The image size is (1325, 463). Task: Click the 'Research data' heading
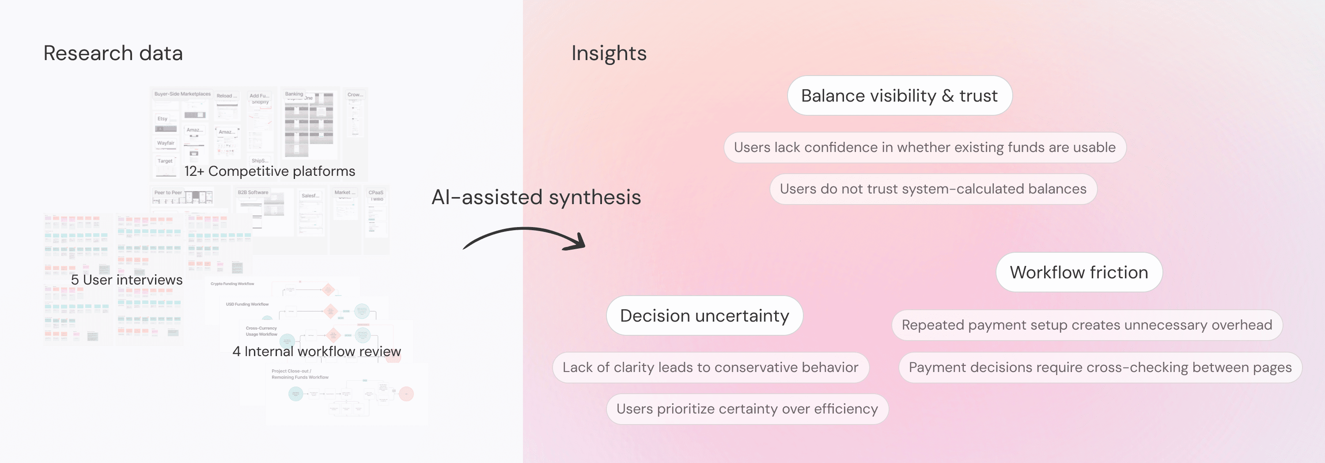[113, 53]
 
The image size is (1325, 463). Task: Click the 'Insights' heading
[609, 53]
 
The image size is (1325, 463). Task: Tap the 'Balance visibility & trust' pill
[899, 96]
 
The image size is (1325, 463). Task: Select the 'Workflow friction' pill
[1079, 272]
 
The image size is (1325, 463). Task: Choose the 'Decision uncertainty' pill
[704, 315]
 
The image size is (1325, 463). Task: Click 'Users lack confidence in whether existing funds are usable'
[924, 148]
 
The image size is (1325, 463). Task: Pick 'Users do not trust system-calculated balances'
[932, 189]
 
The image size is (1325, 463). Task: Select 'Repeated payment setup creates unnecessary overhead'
[1086, 325]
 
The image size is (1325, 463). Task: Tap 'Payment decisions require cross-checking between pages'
[1100, 367]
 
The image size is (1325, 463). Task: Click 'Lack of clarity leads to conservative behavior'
[710, 367]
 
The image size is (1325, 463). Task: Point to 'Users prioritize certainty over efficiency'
[747, 409]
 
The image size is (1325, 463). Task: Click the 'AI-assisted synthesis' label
[536, 197]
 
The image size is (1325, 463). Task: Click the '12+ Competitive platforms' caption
[269, 171]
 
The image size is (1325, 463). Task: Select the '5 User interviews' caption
[126, 280]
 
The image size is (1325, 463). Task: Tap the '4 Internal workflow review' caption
[316, 351]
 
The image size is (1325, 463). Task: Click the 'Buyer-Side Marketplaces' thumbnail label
[182, 94]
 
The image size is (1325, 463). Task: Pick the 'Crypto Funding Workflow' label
[232, 284]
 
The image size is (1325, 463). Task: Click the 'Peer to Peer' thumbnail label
[168, 193]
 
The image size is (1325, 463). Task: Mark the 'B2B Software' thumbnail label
[253, 193]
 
